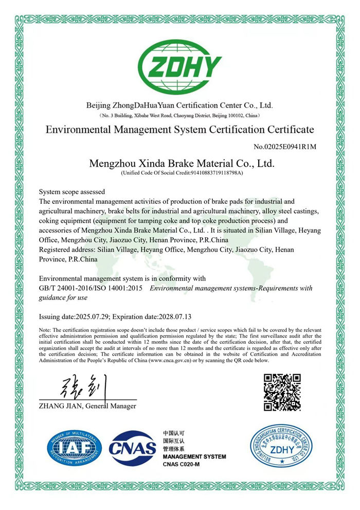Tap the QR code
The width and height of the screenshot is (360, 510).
tap(282, 393)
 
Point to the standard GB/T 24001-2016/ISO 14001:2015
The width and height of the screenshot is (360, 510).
tap(91, 288)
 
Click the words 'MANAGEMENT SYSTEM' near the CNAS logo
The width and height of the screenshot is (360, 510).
tap(194, 457)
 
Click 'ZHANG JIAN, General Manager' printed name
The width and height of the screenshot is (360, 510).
tap(87, 406)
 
